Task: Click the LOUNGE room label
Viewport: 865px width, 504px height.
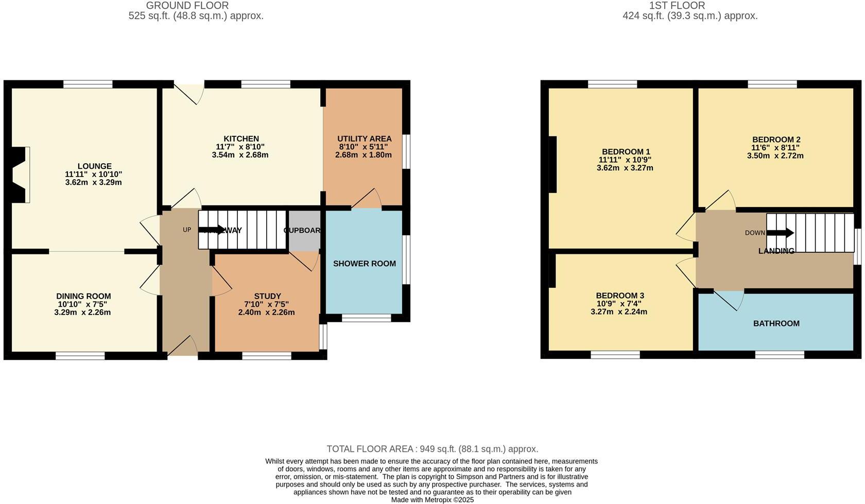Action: [x=94, y=166]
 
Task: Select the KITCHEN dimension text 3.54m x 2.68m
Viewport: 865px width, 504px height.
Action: [x=240, y=155]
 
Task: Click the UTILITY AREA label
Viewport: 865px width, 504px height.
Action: [x=364, y=138]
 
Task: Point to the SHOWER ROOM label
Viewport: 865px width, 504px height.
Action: [x=364, y=264]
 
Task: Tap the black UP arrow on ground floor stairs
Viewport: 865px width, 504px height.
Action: [x=211, y=230]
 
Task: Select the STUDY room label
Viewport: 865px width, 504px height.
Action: [x=267, y=296]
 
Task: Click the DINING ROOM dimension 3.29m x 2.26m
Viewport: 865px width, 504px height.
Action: [x=82, y=312]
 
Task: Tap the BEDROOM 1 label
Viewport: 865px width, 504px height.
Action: [x=626, y=151]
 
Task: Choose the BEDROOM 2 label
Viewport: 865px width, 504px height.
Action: [x=776, y=140]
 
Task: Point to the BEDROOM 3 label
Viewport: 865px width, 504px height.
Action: [x=620, y=296]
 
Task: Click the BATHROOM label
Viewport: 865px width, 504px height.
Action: [x=776, y=323]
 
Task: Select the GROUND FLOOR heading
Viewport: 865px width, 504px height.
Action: [x=187, y=6]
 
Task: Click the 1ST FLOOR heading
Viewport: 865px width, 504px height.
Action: [x=677, y=6]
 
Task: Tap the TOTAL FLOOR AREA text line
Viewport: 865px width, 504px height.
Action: [x=432, y=449]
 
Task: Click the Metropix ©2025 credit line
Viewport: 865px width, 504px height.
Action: [x=432, y=499]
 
